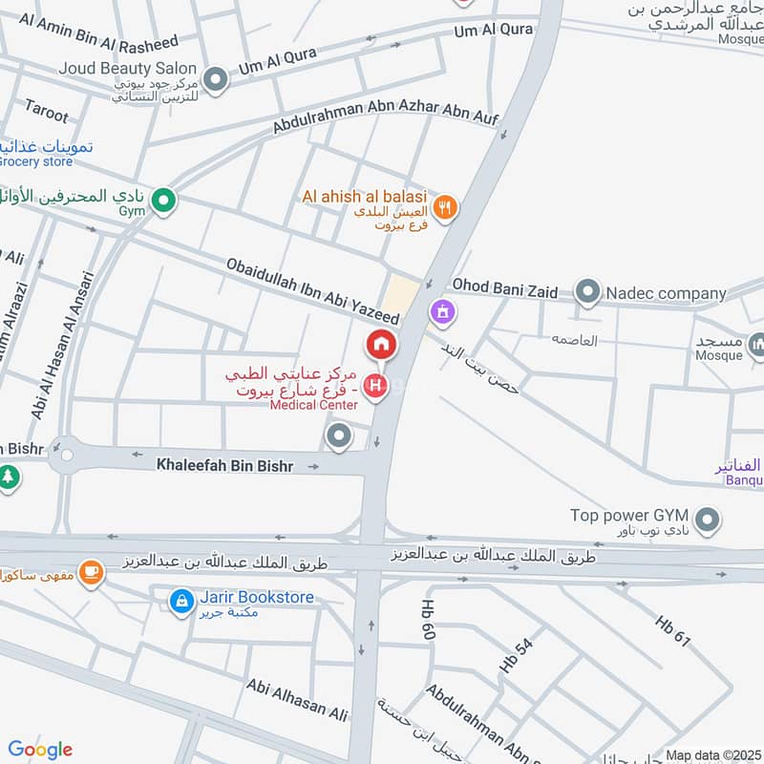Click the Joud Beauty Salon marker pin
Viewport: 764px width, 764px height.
216,79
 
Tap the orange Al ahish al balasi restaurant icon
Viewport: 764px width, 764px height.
444,206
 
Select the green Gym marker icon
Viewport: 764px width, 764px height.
164,201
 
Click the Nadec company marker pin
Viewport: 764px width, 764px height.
588,292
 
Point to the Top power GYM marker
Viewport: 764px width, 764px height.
707,520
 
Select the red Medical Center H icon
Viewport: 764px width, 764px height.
376,387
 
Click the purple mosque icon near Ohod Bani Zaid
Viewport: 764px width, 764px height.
441,310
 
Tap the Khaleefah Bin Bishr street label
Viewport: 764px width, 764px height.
224,465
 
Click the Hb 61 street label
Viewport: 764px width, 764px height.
672,631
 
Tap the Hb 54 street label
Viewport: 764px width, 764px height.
516,656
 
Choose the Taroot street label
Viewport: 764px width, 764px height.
46,111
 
